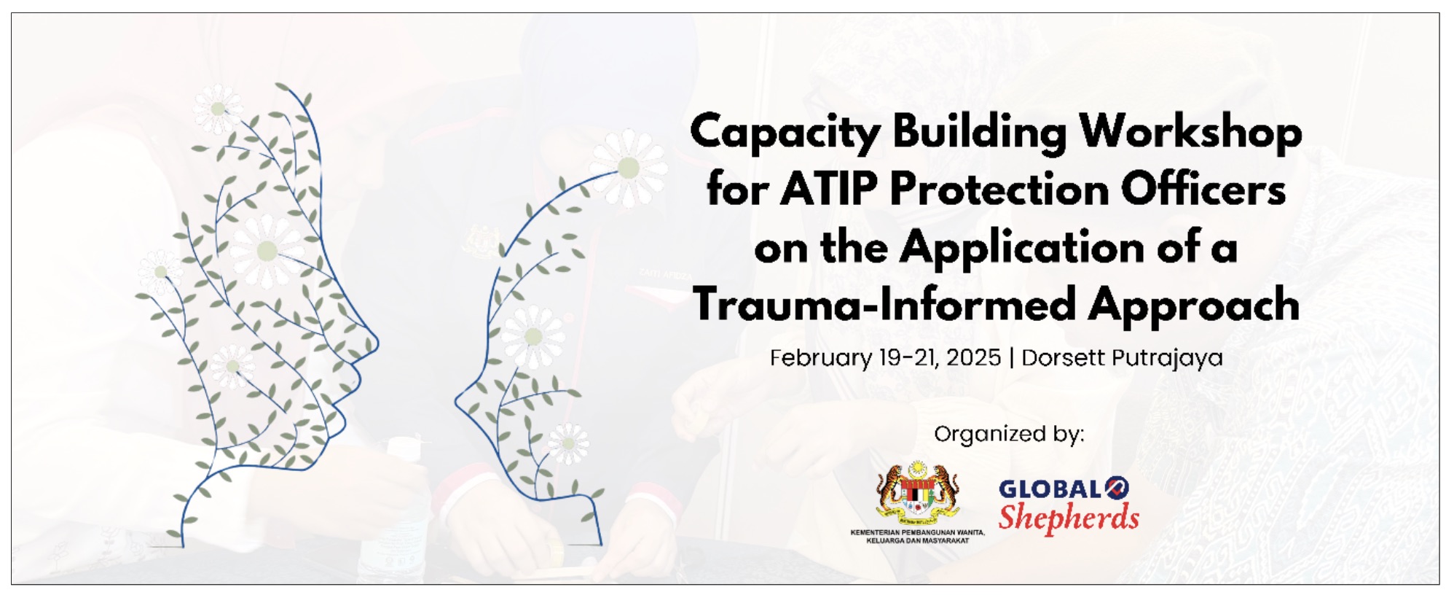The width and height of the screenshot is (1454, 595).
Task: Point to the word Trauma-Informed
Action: click(x=884, y=304)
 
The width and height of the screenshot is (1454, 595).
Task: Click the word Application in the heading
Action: click(x=1023, y=249)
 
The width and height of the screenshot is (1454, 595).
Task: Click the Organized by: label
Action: click(x=1009, y=435)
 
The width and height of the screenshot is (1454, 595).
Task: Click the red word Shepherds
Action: click(x=1069, y=517)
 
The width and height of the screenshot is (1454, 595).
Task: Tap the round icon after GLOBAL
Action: click(x=1117, y=488)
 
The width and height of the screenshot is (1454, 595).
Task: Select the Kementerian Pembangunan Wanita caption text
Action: click(x=918, y=537)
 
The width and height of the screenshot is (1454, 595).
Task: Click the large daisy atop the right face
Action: click(x=628, y=168)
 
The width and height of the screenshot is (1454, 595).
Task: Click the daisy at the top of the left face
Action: click(x=217, y=109)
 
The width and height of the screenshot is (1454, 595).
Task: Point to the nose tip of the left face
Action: click(x=377, y=343)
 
